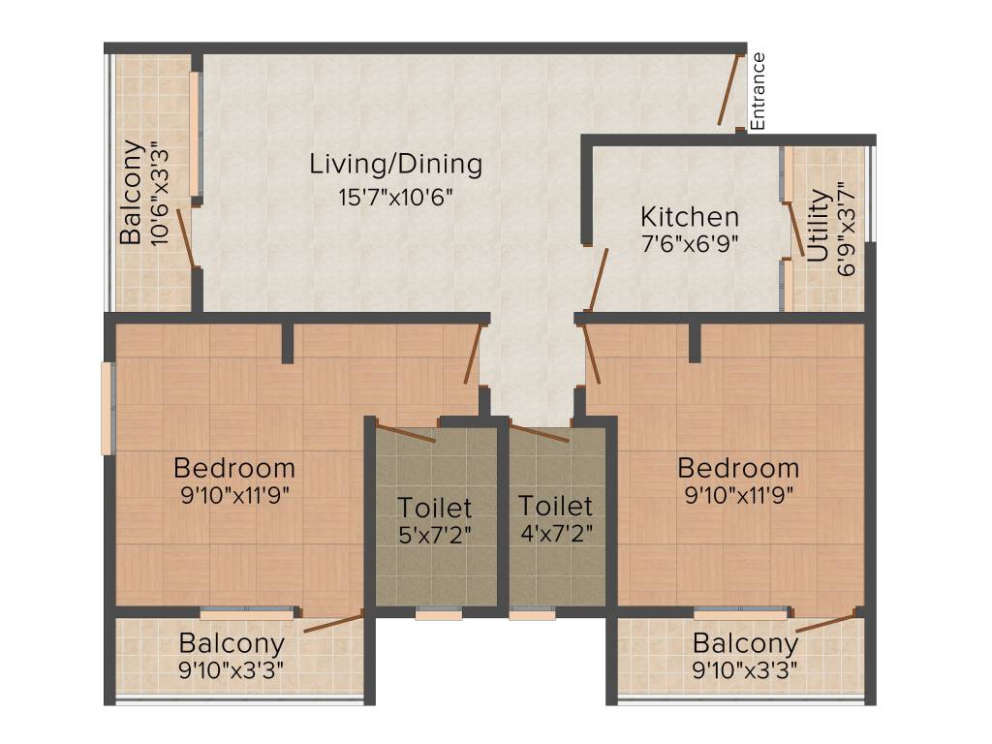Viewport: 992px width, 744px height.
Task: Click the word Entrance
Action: click(x=759, y=91)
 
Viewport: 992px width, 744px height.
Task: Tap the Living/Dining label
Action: click(x=395, y=164)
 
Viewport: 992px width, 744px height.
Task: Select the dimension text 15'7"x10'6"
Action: click(x=395, y=198)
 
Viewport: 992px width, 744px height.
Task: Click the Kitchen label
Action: click(x=690, y=216)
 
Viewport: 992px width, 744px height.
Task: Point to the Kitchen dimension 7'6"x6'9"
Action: click(x=690, y=244)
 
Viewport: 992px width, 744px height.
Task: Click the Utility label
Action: click(x=819, y=226)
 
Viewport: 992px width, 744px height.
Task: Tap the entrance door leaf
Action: click(x=729, y=90)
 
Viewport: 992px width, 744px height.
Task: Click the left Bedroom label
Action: click(x=234, y=468)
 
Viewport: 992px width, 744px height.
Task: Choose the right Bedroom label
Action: click(x=738, y=468)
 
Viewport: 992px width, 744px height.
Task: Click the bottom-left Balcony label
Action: click(x=232, y=643)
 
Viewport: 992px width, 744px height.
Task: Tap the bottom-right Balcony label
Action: click(x=745, y=643)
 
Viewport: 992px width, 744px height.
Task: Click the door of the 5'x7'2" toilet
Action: click(x=406, y=433)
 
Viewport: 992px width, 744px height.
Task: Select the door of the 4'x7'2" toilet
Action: click(x=539, y=433)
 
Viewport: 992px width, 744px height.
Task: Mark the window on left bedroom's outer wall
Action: click(x=108, y=408)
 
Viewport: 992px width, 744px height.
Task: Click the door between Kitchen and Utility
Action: click(x=795, y=230)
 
